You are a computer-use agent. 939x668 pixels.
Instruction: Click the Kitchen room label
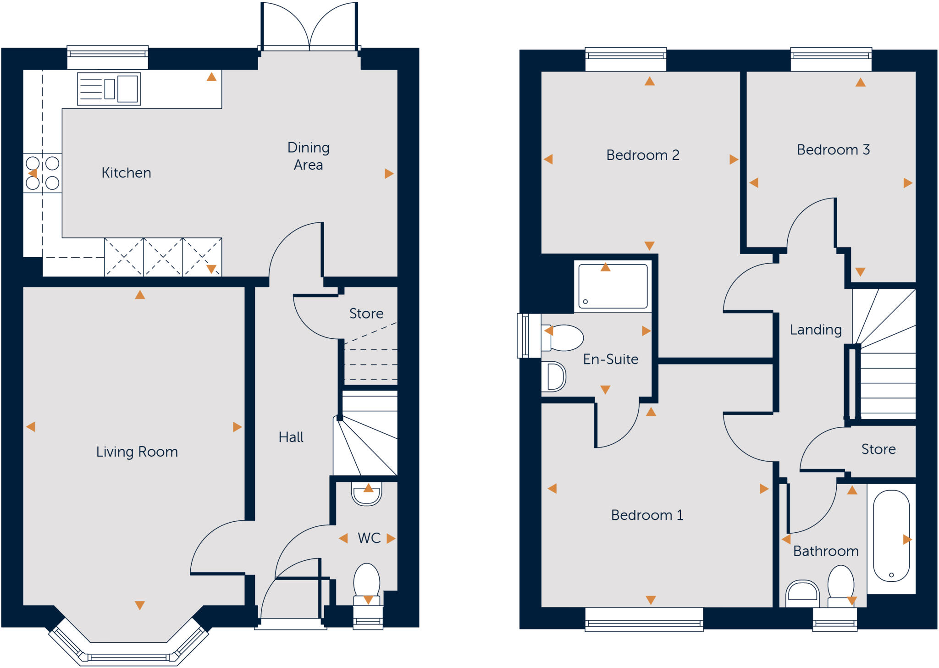pyautogui.click(x=126, y=173)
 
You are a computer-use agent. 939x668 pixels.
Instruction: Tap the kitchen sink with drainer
pyautogui.click(x=109, y=89)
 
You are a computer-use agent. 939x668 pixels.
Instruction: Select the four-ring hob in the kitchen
pyautogui.click(x=43, y=173)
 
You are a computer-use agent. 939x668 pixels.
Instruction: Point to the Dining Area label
pyautogui.click(x=308, y=156)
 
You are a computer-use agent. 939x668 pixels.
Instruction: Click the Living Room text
pyautogui.click(x=137, y=452)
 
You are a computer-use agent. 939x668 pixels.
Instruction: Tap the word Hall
pyautogui.click(x=291, y=437)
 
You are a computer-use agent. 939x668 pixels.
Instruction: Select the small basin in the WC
pyautogui.click(x=366, y=493)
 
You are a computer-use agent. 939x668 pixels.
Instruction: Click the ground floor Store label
pyautogui.click(x=366, y=313)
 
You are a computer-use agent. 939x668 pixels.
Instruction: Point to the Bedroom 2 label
pyautogui.click(x=642, y=155)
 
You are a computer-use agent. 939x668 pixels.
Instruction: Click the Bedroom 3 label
pyautogui.click(x=833, y=149)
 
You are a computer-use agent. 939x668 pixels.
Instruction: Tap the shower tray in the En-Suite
pyautogui.click(x=613, y=286)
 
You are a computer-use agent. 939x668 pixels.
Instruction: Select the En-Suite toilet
pyautogui.click(x=563, y=338)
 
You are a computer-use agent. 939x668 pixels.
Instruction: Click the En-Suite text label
pyautogui.click(x=610, y=359)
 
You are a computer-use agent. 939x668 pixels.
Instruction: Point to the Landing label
pyautogui.click(x=816, y=330)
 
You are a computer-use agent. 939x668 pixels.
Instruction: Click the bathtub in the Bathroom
pyautogui.click(x=891, y=536)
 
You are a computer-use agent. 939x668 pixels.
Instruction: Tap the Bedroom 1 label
pyautogui.click(x=647, y=515)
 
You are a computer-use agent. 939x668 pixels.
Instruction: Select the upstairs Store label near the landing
pyautogui.click(x=878, y=449)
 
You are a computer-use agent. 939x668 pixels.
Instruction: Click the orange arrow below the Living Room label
pyautogui.click(x=140, y=605)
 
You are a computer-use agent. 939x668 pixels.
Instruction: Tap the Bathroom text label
pyautogui.click(x=826, y=551)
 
